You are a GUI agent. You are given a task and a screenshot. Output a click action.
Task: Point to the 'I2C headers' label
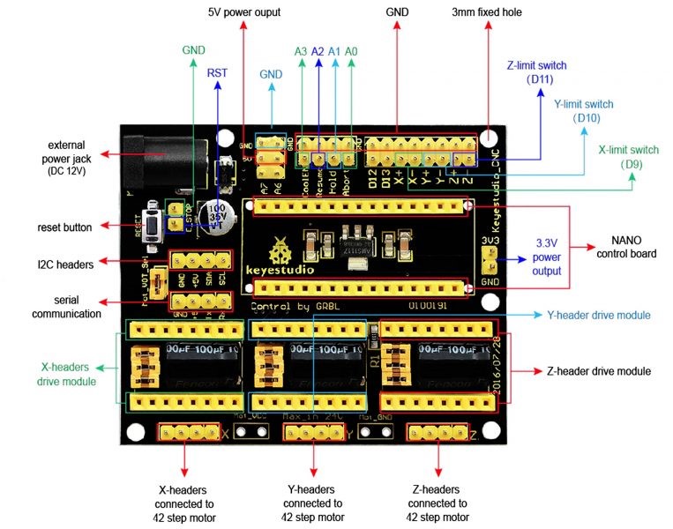(64, 263)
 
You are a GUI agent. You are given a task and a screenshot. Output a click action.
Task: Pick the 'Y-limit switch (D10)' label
(586, 110)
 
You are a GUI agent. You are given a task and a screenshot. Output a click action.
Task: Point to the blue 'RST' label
(217, 73)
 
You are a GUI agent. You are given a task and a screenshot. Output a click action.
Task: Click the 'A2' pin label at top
(318, 51)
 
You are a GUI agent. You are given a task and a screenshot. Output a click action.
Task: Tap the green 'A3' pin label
(301, 51)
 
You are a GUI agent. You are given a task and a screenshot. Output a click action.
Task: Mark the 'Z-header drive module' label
(599, 372)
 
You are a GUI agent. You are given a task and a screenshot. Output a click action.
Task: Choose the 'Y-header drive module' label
(599, 315)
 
